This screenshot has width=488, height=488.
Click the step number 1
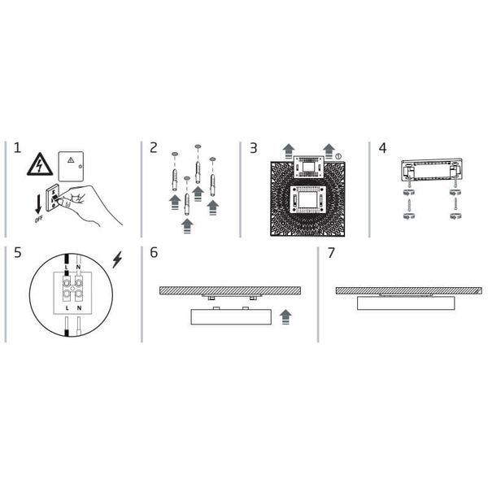pos(17,148)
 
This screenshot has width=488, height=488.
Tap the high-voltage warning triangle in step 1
pos(39,165)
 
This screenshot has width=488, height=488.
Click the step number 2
pos(154,148)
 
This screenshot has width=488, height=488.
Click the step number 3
pos(254,148)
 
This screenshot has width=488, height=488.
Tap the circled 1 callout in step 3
pos(338,155)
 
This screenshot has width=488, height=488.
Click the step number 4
pos(383,148)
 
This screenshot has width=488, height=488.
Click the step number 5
pos(17,252)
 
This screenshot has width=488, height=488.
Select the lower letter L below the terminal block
pos(65,310)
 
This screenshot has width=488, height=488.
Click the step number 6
pos(154,252)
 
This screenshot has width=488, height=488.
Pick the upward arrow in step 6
pos(285,316)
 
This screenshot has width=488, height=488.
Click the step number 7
pos(331,252)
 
